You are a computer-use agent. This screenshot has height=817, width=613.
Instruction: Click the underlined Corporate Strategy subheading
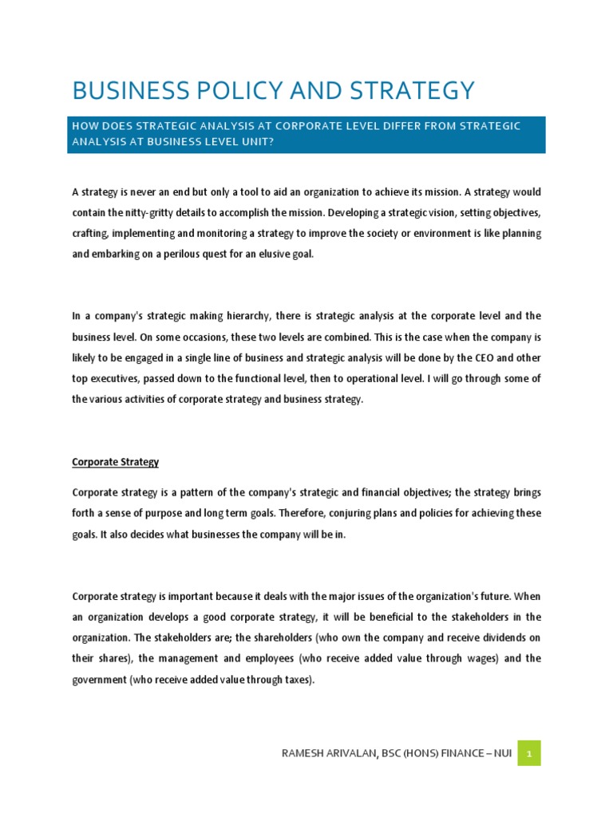coord(116,462)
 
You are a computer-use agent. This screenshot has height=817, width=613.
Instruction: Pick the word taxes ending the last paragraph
coord(297,680)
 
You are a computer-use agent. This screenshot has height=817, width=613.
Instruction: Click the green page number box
coord(528,753)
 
